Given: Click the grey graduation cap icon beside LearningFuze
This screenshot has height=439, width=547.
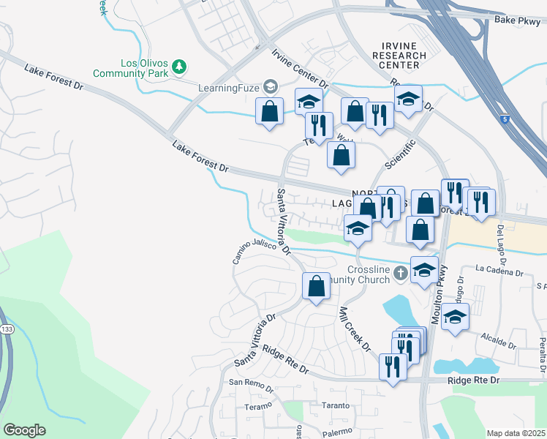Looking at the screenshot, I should point(270,87).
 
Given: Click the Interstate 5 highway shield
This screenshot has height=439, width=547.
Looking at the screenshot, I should point(505,118).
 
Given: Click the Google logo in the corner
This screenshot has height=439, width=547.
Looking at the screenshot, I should point(24,430).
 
